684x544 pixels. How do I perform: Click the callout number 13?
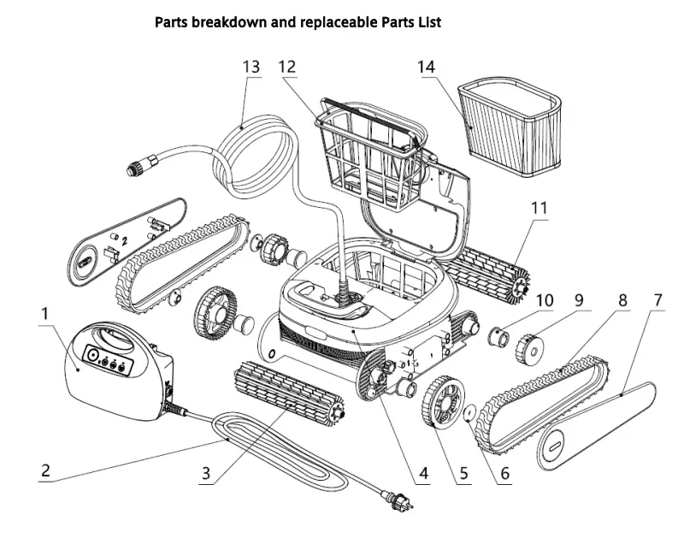250,67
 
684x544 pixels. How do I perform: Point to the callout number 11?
540,208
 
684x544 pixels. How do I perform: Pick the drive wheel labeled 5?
441,399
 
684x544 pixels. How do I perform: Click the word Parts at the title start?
174,22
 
